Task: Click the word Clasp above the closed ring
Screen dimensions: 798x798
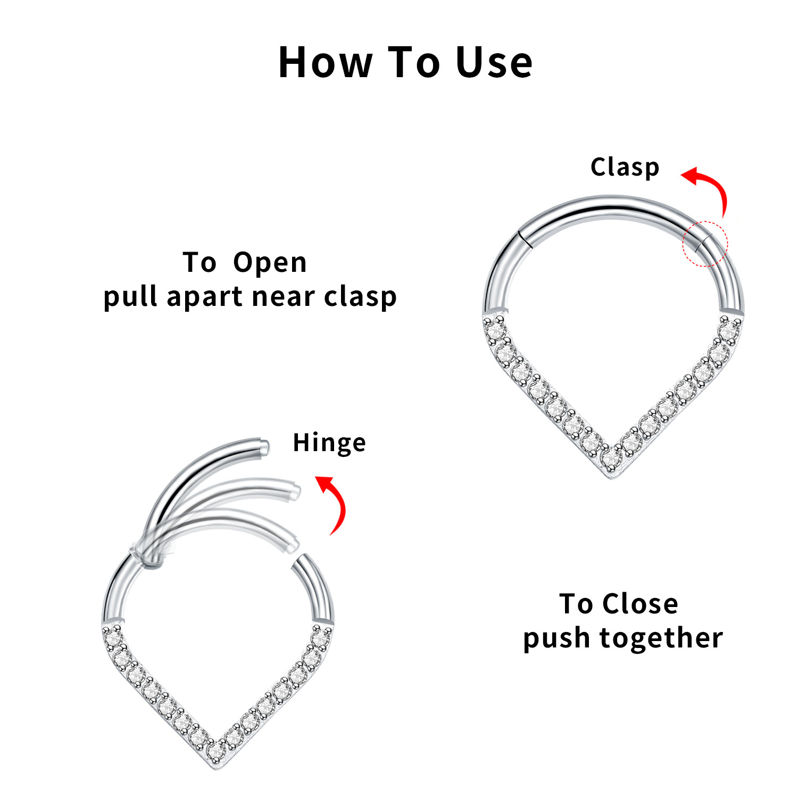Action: [625, 168]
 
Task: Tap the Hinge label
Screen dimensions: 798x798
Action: [329, 443]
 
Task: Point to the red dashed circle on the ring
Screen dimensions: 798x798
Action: [705, 243]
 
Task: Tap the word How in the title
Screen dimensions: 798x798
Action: [325, 63]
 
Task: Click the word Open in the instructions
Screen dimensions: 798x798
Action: [270, 263]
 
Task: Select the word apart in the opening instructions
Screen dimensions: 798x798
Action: [204, 297]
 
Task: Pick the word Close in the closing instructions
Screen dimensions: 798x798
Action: [640, 604]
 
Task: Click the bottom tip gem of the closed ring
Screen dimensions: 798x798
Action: [611, 458]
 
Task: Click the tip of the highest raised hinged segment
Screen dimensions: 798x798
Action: [263, 446]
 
